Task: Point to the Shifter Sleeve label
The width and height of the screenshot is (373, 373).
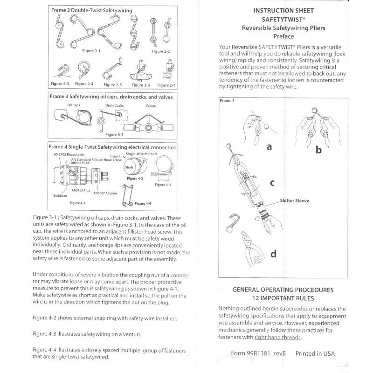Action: point(295,200)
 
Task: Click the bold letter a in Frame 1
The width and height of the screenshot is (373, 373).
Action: point(269,147)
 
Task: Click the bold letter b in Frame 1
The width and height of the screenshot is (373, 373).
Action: point(318,150)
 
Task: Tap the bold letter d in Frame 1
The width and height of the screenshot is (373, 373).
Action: point(273,254)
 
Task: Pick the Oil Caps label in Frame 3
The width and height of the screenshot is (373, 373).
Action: point(74,105)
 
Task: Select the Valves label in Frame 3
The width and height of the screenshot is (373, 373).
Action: point(151,106)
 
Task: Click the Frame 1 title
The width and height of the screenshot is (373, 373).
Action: point(228,100)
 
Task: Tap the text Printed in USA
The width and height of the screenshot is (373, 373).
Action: point(315,353)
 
